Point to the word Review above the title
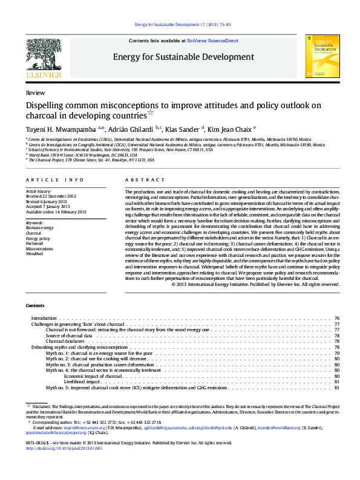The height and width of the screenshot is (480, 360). pyautogui.click(x=35, y=93)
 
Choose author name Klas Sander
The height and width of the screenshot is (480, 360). pyautogui.click(x=183, y=128)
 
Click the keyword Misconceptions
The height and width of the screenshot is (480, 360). pyautogui.click(x=39, y=248)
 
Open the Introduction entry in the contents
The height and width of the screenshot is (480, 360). pyautogui.click(x=44, y=318)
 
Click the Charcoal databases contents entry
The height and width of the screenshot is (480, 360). pyautogui.click(x=65, y=342)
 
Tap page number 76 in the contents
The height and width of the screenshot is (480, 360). pyautogui.click(x=336, y=318)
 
